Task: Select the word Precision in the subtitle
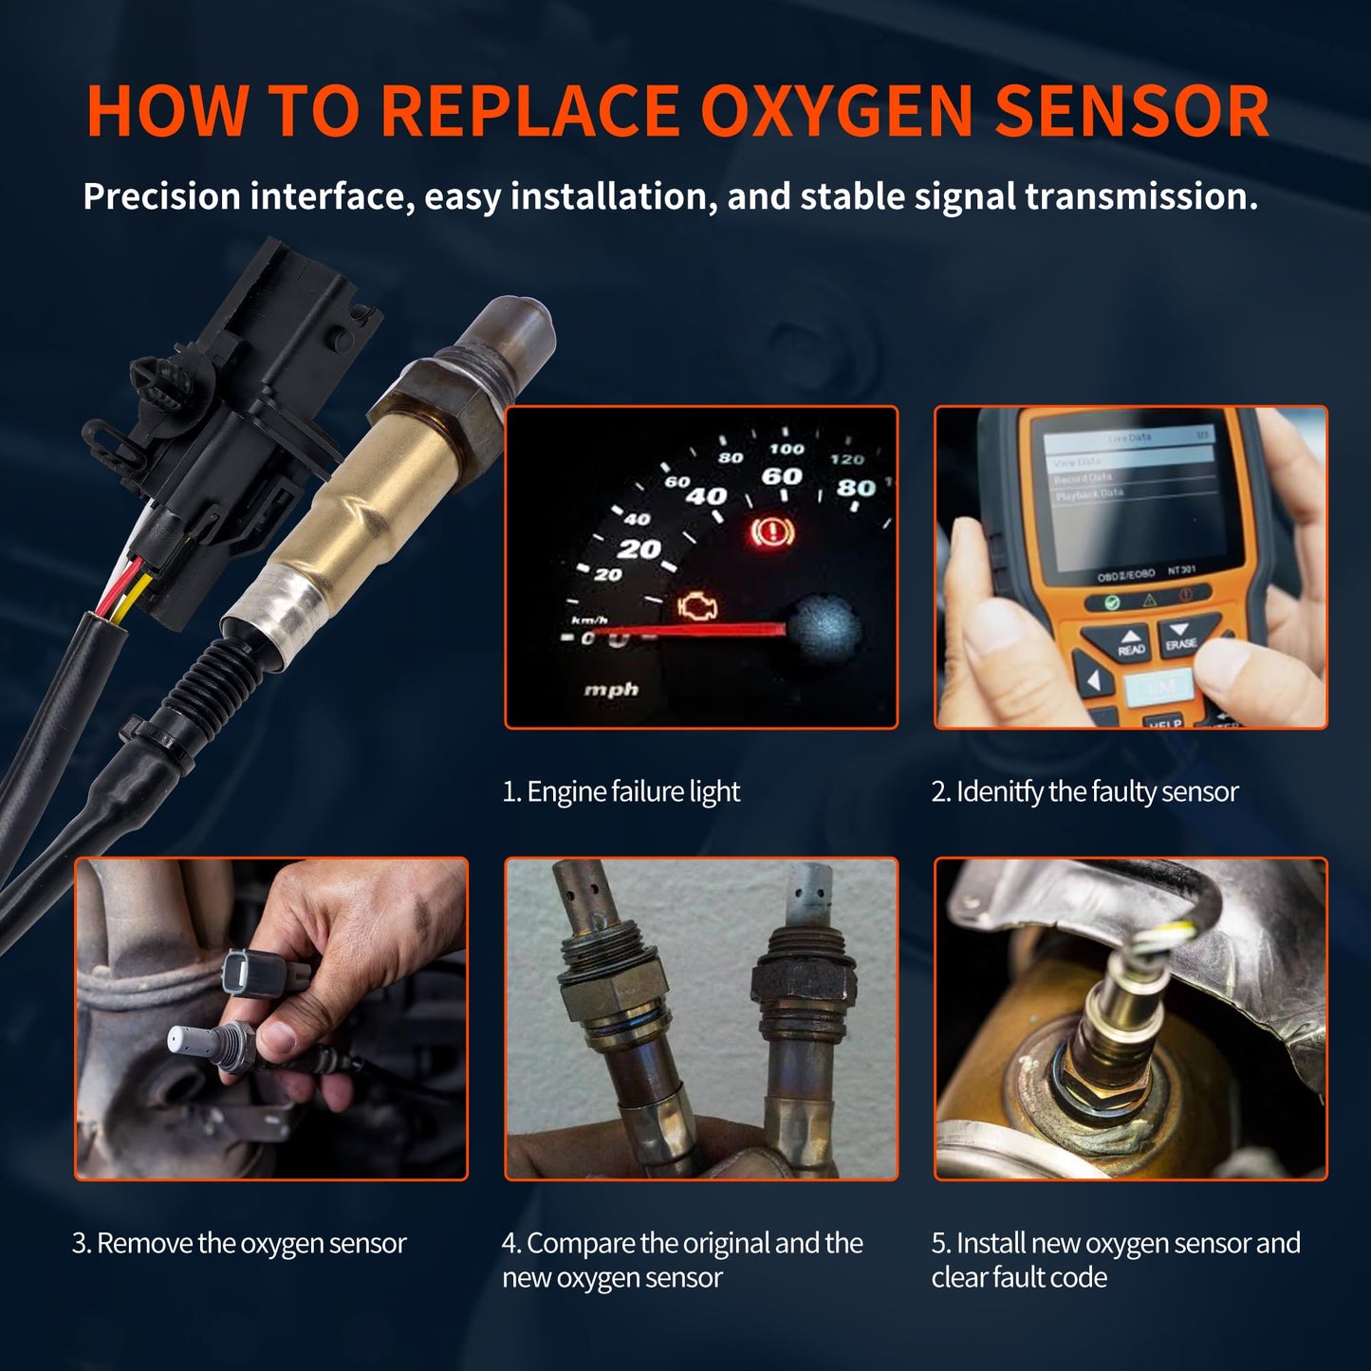(x=161, y=196)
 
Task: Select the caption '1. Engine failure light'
(x=621, y=791)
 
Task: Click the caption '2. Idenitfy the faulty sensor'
(x=1084, y=791)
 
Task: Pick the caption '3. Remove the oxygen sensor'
(x=239, y=1243)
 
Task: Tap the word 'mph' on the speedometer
(x=611, y=689)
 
